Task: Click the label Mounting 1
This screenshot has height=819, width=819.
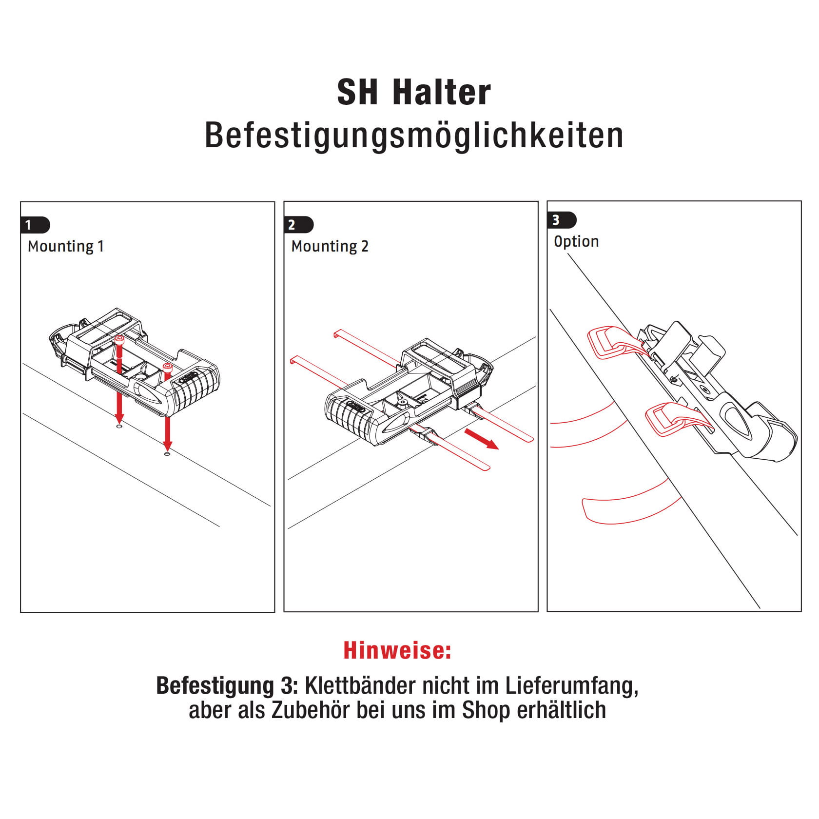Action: (x=66, y=246)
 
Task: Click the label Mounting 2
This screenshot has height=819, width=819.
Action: (x=330, y=246)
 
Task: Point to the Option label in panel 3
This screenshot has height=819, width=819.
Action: (x=576, y=241)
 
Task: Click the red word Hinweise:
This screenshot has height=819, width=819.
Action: (x=397, y=650)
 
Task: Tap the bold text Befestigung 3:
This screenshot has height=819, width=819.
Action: (x=227, y=686)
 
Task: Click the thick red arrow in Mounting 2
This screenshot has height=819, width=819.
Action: (x=482, y=439)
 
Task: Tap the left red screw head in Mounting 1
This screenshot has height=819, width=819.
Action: (x=118, y=339)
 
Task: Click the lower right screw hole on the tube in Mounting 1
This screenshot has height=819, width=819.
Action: (x=167, y=454)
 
